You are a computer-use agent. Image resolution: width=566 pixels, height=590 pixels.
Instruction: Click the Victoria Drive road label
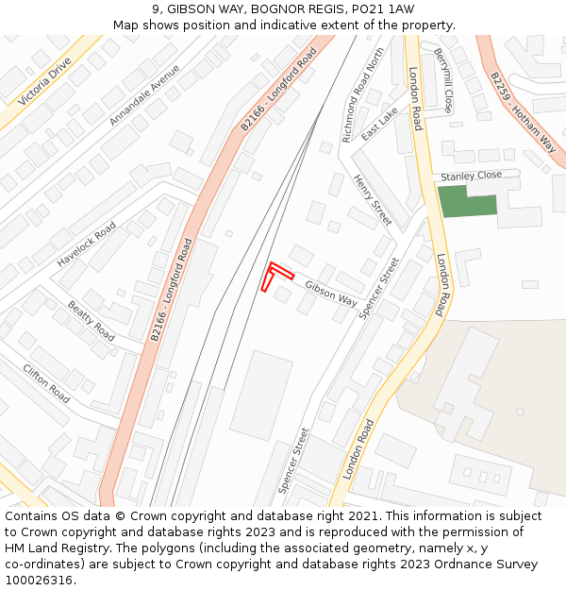[x=44, y=82]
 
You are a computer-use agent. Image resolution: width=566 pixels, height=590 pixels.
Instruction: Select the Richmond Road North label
[x=363, y=95]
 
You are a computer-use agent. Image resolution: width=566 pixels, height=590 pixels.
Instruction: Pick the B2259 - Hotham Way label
[x=522, y=111]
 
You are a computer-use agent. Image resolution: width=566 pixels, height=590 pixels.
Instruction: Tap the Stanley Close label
[x=471, y=176]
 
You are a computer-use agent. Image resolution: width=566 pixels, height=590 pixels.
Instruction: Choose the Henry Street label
[x=372, y=200]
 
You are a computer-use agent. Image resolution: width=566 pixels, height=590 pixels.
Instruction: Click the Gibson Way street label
[x=330, y=295]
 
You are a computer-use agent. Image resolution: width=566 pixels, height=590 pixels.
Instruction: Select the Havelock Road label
[x=86, y=244]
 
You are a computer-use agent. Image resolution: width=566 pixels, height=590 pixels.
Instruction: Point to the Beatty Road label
[x=91, y=321]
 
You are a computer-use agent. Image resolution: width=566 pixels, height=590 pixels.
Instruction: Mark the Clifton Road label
[x=46, y=383]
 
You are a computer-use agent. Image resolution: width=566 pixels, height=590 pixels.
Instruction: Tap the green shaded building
[x=466, y=201]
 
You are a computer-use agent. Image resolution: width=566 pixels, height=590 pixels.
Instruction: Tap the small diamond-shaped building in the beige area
[x=520, y=412]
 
